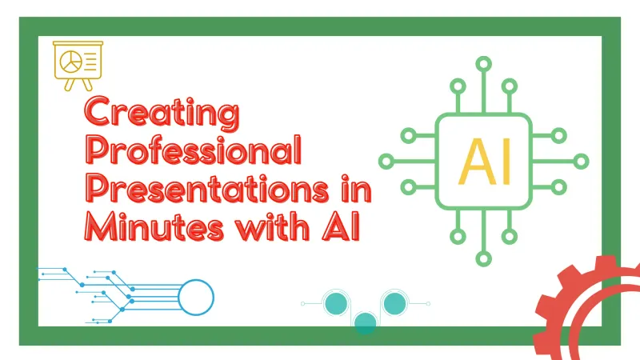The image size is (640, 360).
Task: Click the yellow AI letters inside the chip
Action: click(x=484, y=160)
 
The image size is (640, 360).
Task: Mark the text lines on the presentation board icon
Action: click(x=88, y=58)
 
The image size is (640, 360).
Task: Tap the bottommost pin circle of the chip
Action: click(x=483, y=258)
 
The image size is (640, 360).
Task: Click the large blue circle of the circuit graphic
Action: click(x=196, y=298)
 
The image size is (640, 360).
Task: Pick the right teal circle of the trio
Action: click(x=394, y=303)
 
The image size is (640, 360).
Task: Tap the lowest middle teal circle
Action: click(x=365, y=322)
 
